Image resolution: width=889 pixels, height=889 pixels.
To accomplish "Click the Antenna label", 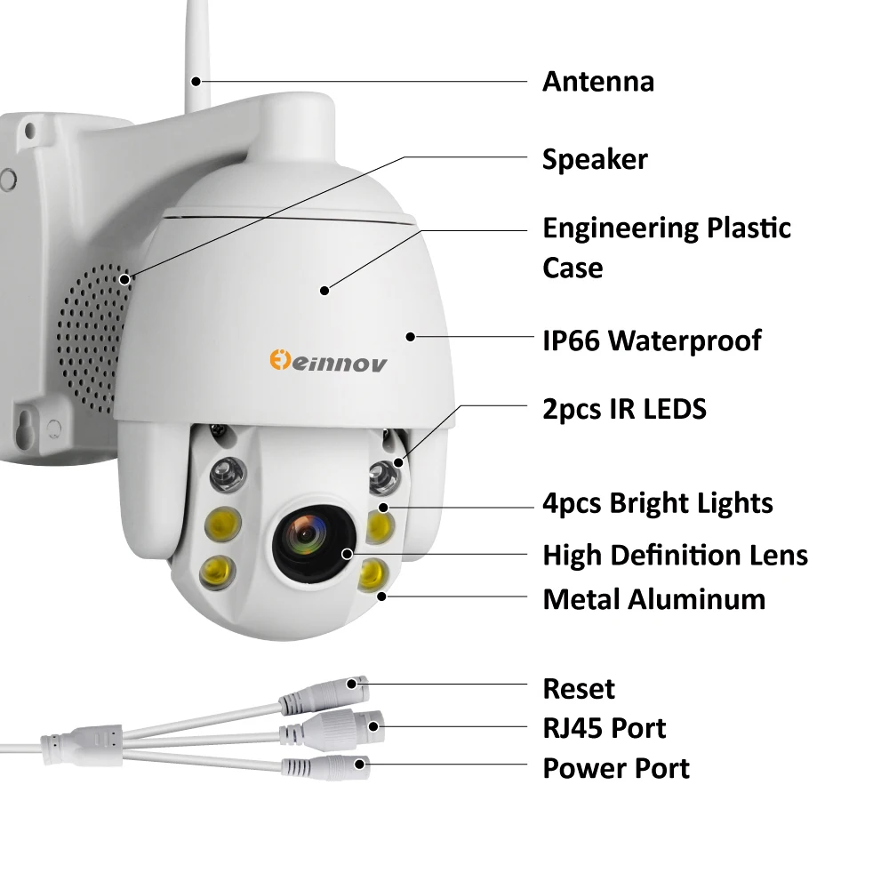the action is point(598,82).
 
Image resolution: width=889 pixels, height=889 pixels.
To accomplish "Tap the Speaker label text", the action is point(595,159).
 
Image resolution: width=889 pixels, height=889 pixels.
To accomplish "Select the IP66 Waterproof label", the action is point(652,340).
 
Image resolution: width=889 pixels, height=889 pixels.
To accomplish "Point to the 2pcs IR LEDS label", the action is point(624,409).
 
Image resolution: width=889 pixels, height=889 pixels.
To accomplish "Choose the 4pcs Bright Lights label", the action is point(658,503).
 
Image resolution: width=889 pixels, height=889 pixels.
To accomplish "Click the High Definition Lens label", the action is point(676,555).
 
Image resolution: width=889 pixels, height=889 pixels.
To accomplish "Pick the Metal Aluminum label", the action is point(653,599).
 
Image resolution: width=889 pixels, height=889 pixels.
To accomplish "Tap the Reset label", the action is point(579,689).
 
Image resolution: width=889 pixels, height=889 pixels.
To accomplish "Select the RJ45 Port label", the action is point(605,729).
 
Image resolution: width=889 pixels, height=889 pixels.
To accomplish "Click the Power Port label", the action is point(616,769).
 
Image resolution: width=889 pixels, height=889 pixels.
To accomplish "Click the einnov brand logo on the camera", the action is point(328,361).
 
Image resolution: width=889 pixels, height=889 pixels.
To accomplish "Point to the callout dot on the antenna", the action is point(196,82).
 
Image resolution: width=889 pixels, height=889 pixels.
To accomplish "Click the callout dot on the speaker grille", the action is point(124,279).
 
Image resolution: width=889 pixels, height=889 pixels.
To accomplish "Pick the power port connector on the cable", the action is point(326,767).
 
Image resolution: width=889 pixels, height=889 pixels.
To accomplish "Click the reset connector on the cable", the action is point(324,695).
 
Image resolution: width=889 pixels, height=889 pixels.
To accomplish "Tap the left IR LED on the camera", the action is point(228,475).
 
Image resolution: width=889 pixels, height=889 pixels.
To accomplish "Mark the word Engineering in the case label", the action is point(620,229).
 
